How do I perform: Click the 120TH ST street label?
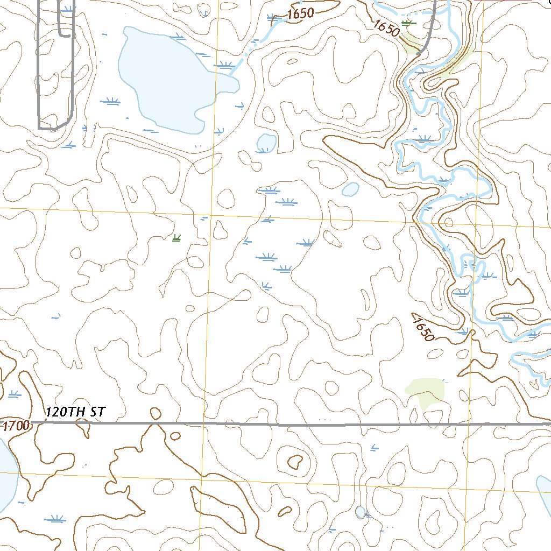click(76, 412)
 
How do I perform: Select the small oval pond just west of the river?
click(350, 189)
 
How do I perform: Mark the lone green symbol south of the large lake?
click(176, 238)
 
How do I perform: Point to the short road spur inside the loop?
click(64, 22)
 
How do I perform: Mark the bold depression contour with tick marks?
click(295, 462)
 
